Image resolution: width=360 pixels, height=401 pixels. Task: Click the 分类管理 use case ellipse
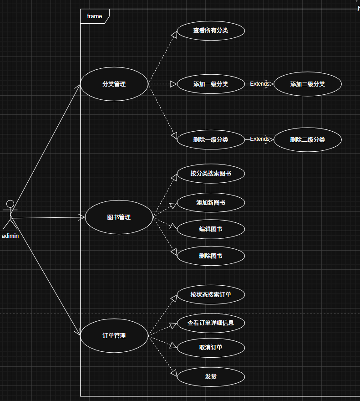(x=114, y=84)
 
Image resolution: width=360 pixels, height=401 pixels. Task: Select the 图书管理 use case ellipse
(x=119, y=217)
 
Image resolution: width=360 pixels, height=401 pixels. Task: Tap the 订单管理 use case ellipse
(x=114, y=336)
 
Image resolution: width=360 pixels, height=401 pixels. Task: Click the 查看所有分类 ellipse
(x=211, y=31)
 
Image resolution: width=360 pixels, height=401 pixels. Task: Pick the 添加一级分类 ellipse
(x=211, y=84)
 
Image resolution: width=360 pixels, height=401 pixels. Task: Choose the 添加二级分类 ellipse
(x=308, y=84)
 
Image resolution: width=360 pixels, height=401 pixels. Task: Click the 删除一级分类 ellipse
(x=211, y=139)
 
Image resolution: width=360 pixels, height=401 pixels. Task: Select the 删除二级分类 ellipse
(x=308, y=139)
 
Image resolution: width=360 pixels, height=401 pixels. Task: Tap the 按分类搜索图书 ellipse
(x=211, y=174)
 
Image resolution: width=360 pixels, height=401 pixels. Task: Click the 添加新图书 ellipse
(x=211, y=203)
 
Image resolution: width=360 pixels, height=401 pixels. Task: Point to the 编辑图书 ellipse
(x=211, y=229)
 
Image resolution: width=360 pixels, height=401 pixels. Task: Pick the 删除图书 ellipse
(x=211, y=256)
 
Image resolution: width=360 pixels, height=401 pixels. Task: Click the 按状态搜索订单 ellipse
(x=211, y=294)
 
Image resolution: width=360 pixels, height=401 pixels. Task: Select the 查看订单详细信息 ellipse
(x=211, y=323)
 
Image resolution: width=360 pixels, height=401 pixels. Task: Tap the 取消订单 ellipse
(x=211, y=348)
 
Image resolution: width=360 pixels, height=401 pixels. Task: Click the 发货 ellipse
(x=211, y=376)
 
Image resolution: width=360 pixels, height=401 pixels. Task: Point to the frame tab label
(x=95, y=16)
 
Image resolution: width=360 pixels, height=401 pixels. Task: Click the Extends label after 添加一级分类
(x=259, y=84)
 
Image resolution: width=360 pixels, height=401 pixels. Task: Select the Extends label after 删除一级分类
(x=259, y=139)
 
